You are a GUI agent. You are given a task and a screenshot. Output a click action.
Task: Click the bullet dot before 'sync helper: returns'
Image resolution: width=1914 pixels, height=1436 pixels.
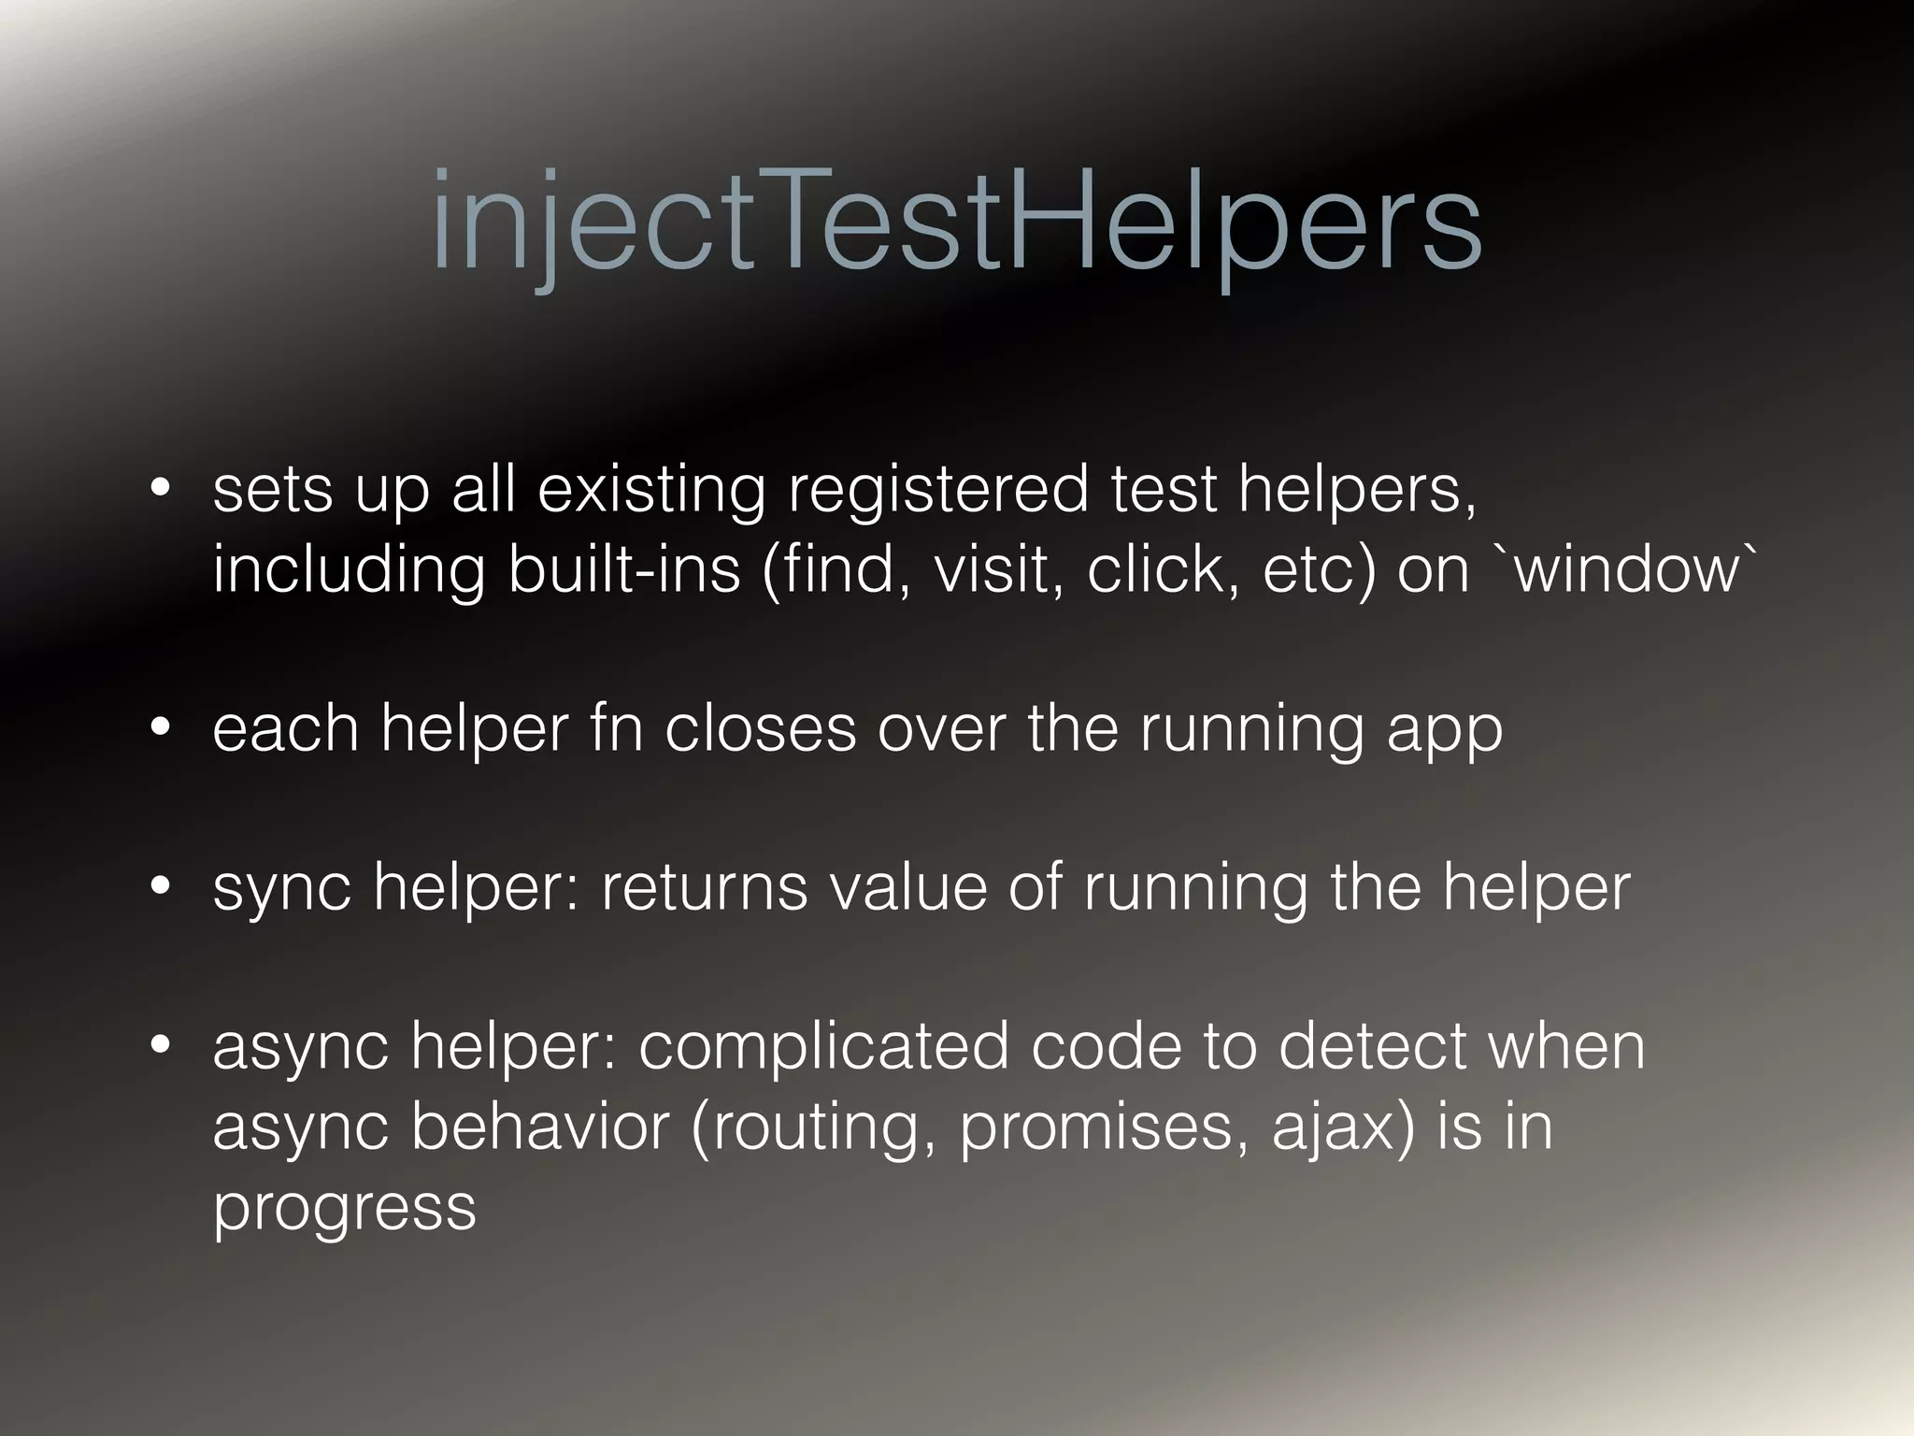coord(161,885)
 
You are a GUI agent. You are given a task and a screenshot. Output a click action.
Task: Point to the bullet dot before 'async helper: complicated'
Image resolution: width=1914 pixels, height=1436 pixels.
coord(161,1044)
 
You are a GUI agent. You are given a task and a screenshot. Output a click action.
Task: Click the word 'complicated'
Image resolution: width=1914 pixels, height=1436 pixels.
coord(823,1047)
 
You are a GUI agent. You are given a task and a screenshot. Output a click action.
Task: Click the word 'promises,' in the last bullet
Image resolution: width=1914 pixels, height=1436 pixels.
coord(1104,1127)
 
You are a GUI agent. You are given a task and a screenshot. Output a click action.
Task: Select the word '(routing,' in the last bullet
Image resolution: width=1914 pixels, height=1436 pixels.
coord(812,1127)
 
